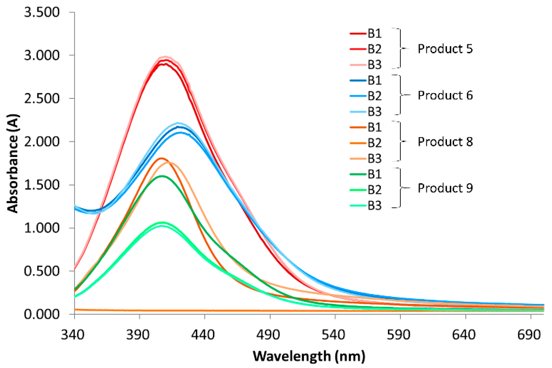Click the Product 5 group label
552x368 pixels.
(x=445, y=49)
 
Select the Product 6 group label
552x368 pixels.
(x=445, y=95)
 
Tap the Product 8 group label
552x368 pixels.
(x=445, y=142)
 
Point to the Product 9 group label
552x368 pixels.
(x=445, y=188)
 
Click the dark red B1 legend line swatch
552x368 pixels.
(x=358, y=34)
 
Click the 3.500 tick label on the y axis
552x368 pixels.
(x=42, y=12)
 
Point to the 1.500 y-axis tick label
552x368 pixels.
(x=42, y=185)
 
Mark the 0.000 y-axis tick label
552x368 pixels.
(x=42, y=314)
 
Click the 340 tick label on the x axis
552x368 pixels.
(x=73, y=335)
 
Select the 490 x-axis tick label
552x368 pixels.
(x=268, y=335)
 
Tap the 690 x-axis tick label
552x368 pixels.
(x=529, y=335)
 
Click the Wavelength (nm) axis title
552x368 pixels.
(x=309, y=356)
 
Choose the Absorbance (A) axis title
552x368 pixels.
(x=13, y=163)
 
